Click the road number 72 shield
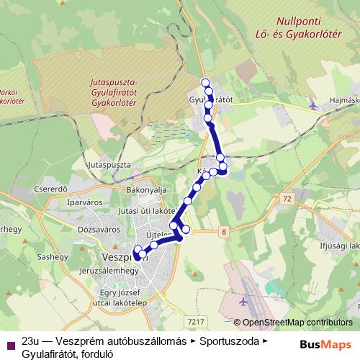click(288, 198)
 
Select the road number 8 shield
click(224, 231)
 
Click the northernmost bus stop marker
click(205, 81)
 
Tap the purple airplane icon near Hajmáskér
click(312, 105)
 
